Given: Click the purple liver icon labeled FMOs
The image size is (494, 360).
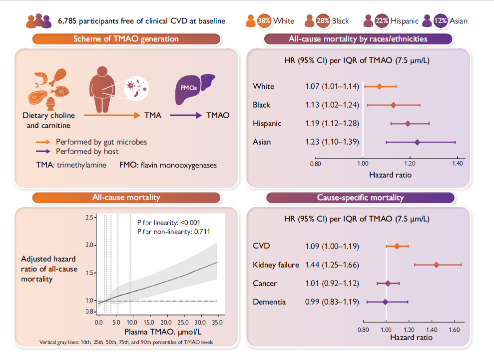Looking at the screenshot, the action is (x=193, y=89).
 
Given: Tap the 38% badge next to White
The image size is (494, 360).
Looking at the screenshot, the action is (x=264, y=21).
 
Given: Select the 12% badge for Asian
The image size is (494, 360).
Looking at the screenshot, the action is (x=441, y=21).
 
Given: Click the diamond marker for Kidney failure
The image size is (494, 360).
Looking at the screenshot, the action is (x=436, y=265).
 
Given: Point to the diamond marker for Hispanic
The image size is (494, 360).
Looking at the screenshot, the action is (x=408, y=123).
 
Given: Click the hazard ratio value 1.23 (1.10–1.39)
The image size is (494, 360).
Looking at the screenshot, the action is (x=332, y=142).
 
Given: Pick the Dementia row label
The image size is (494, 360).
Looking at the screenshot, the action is (x=269, y=302).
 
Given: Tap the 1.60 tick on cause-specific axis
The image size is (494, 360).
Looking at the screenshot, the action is (x=454, y=330).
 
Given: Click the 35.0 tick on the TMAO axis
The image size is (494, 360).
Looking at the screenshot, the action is (x=217, y=322).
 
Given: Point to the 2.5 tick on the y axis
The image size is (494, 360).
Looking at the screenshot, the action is (x=89, y=217).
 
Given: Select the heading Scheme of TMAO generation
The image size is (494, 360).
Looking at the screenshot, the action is (x=126, y=39).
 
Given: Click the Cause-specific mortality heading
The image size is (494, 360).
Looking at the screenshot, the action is (x=360, y=197).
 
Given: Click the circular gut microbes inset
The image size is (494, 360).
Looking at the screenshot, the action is (x=136, y=88).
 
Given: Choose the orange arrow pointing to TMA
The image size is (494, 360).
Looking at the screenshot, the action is (x=112, y=115).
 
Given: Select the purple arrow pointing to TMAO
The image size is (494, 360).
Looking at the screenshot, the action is (x=186, y=115).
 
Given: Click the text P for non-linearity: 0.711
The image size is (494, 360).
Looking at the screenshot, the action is (x=174, y=231).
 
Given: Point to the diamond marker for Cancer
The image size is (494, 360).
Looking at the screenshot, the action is (x=388, y=283).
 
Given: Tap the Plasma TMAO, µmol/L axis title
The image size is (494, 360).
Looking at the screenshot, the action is (x=163, y=332).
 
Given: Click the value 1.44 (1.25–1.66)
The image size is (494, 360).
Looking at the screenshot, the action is (x=332, y=265).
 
